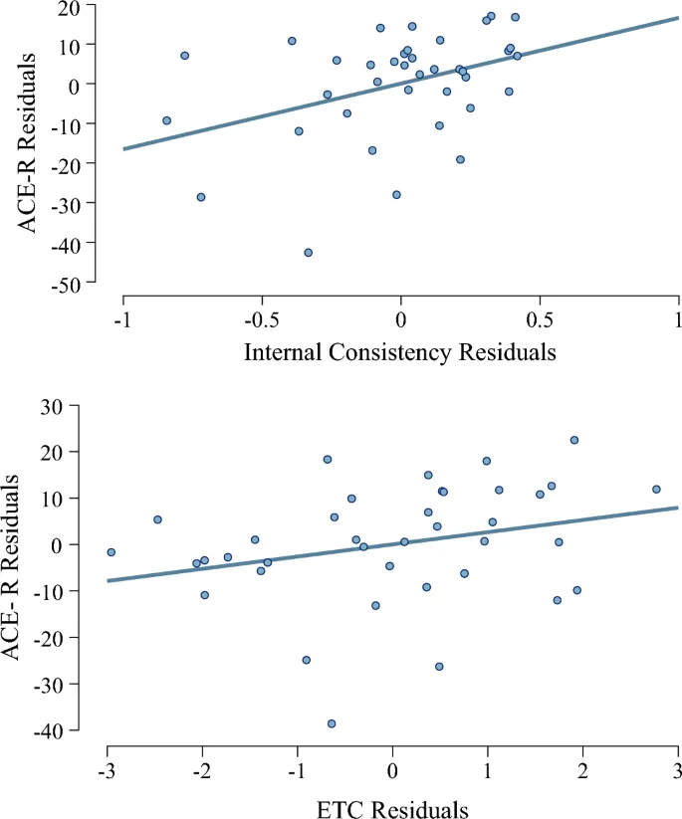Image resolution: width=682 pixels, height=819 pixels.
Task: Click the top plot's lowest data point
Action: [309, 253]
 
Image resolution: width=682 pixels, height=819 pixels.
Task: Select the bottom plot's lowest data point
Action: [332, 723]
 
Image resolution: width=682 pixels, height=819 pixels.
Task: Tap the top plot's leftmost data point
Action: [166, 120]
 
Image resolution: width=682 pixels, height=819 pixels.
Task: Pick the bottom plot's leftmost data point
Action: [112, 552]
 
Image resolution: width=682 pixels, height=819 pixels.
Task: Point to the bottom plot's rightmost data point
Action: [656, 489]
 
